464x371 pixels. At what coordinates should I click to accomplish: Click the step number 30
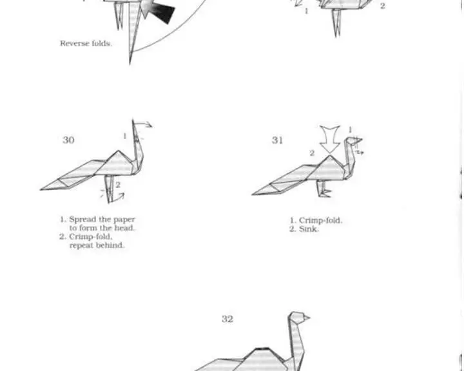pyautogui.click(x=68, y=140)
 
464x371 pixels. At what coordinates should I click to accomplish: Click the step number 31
pyautogui.click(x=277, y=140)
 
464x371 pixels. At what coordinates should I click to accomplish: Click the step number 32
pyautogui.click(x=227, y=319)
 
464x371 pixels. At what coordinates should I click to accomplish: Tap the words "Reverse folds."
pyautogui.click(x=86, y=44)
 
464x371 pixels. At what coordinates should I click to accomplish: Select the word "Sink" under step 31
pyautogui.click(x=309, y=229)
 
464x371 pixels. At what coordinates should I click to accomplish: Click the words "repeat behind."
pyautogui.click(x=97, y=245)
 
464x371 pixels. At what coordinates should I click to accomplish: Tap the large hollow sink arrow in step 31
pyautogui.click(x=329, y=139)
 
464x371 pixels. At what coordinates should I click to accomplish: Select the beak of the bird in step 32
pyautogui.click(x=307, y=318)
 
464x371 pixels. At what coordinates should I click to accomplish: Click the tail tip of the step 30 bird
pyautogui.click(x=41, y=189)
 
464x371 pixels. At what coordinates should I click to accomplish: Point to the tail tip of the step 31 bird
pyautogui.click(x=252, y=195)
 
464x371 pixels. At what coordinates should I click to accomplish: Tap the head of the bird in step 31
pyautogui.click(x=353, y=140)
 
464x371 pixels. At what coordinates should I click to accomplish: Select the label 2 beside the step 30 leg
pyautogui.click(x=118, y=185)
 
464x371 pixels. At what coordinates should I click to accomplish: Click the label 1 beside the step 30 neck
pyautogui.click(x=124, y=136)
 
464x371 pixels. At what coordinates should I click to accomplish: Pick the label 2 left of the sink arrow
pyautogui.click(x=312, y=153)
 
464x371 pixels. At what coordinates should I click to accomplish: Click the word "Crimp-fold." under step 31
pyautogui.click(x=320, y=220)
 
